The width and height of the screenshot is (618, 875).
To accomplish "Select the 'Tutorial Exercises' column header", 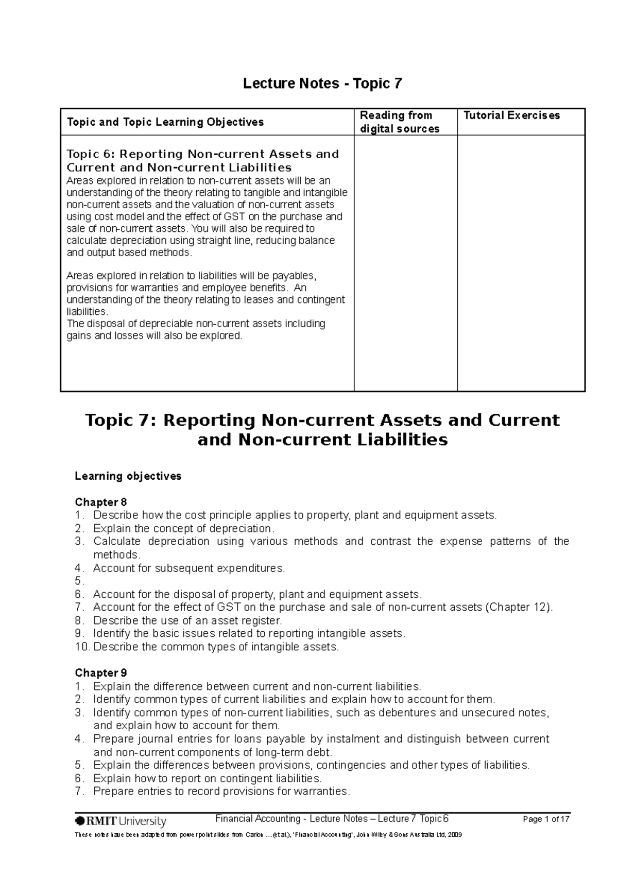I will pos(511,115).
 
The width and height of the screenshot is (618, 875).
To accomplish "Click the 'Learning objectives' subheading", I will pos(128,476).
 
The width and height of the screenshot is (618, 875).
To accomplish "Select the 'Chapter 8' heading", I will pos(101,502).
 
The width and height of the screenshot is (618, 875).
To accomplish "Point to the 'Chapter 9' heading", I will pos(101,673).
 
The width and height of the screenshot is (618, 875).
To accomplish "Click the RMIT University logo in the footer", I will pos(121,821).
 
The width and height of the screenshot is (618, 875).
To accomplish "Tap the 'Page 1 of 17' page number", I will pos(546,819).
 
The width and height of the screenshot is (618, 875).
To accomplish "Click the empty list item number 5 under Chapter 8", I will pos(78,581).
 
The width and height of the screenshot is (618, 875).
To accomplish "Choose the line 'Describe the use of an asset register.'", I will pos(187,620).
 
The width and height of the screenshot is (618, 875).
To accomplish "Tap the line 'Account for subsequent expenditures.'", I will pos(188,568).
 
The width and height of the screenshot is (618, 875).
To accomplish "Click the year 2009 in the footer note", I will pos(455,835).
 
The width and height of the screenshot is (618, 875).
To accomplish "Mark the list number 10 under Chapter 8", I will pos(81,647).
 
